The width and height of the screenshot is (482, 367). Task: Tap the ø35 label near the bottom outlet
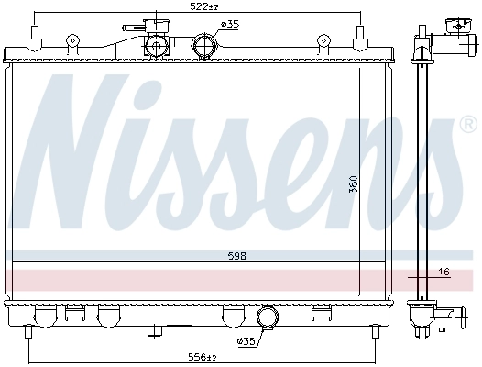(246, 341)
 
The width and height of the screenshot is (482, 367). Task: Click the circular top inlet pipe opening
(205, 45)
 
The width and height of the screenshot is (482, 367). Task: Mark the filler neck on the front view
(156, 43)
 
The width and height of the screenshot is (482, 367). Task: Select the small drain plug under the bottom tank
(156, 329)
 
